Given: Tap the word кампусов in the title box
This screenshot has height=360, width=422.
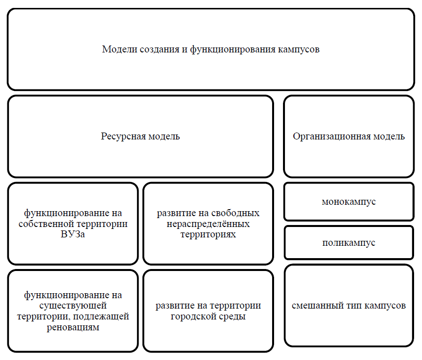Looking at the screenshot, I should [299, 50].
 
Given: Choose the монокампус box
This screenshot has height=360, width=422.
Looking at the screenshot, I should [348, 202].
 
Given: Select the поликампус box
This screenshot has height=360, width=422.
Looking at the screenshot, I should [348, 243].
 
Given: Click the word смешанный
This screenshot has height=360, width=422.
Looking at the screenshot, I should [315, 306].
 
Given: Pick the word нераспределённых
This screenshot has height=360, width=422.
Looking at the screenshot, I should [208, 224].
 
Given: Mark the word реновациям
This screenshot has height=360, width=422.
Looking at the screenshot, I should [73, 327].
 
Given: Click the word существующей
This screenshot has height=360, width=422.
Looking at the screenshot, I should [73, 306].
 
